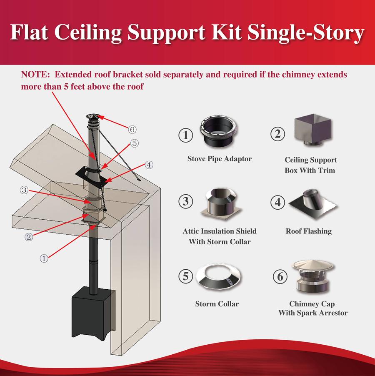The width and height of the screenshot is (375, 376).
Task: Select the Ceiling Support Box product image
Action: pos(312,130)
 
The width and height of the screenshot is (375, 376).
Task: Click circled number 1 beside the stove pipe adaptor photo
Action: pos(186,135)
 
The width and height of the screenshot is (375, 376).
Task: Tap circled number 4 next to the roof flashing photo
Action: pos(278,202)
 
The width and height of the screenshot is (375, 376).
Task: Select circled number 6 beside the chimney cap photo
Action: pos(280,276)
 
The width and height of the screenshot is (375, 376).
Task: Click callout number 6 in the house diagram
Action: pos(132,130)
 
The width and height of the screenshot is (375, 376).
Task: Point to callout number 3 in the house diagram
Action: pos(24,191)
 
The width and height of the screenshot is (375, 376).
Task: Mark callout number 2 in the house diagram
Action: pos(29,237)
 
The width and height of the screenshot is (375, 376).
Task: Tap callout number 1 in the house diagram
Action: pos(44,258)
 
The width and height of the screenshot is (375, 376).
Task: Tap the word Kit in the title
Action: pos(226,33)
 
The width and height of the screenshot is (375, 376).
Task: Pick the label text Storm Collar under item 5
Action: pos(217,304)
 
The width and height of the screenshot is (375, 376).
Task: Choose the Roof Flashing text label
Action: pos(309,231)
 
